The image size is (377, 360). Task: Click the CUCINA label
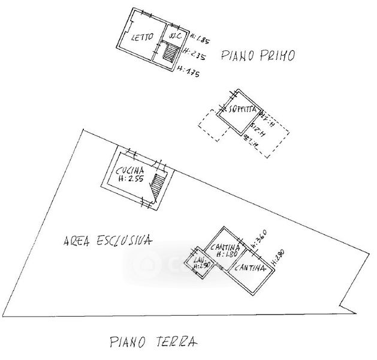[130, 170]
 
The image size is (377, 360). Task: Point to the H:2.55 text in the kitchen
[129, 179]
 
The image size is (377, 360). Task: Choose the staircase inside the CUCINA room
[158, 186]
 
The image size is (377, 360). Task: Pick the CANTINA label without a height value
[249, 269]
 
